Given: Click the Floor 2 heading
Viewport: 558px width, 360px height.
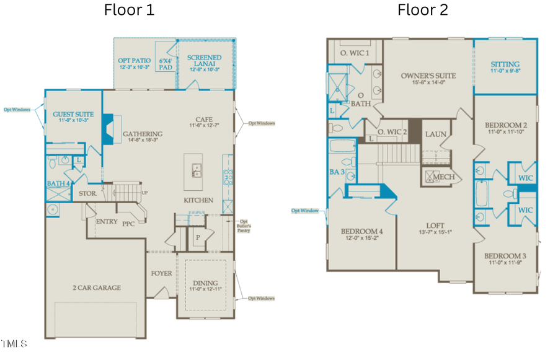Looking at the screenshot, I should (x=422, y=10).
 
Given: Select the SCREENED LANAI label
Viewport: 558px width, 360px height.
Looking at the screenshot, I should (x=204, y=61).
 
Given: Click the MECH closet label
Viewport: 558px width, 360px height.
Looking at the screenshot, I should (x=443, y=177).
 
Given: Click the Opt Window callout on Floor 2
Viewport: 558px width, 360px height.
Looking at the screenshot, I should (x=305, y=211).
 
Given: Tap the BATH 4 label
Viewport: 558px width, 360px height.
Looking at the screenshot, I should (x=58, y=183).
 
